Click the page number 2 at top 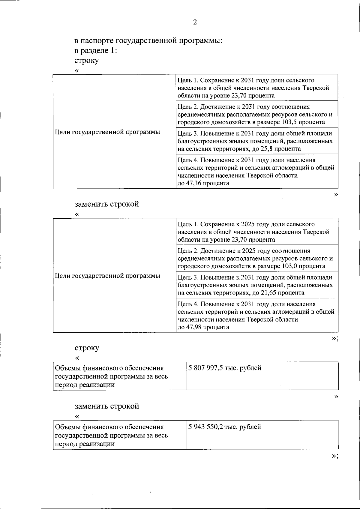[195, 22]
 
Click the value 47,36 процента [203, 183]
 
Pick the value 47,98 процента [203, 327]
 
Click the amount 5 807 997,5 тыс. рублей [225, 368]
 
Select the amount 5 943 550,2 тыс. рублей [225, 427]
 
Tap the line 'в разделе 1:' [95, 50]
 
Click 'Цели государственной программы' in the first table [107, 132]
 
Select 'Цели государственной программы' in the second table [107, 276]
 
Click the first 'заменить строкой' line [106, 204]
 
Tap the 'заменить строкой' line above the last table [106, 406]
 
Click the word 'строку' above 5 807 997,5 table [87, 348]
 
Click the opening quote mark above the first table [77, 71]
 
